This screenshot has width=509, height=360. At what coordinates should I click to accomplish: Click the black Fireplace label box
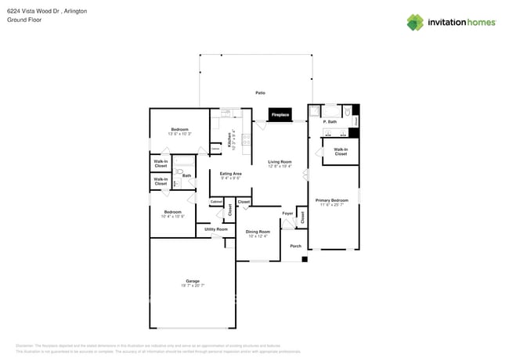click(280, 115)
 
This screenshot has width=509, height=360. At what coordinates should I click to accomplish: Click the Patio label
click(260, 93)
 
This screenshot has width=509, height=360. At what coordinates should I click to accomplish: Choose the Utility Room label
click(216, 229)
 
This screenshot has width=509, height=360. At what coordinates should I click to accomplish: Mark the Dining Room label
click(258, 233)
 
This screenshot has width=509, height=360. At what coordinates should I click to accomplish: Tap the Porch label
click(295, 246)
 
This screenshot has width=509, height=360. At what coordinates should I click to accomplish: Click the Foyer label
click(287, 213)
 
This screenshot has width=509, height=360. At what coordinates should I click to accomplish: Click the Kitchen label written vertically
click(229, 139)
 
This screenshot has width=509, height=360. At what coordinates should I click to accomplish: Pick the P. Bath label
click(330, 122)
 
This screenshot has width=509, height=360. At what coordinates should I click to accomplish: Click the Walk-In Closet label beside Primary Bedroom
click(341, 152)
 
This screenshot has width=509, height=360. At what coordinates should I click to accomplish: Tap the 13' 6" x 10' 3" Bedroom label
click(180, 131)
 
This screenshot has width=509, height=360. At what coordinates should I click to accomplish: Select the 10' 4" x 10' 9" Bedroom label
click(172, 214)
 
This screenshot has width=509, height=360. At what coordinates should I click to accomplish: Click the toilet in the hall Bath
click(179, 171)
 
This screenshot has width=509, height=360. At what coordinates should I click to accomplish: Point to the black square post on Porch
click(305, 259)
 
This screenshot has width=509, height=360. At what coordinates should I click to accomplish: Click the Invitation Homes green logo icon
click(415, 22)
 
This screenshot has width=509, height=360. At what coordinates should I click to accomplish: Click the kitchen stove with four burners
click(246, 142)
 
